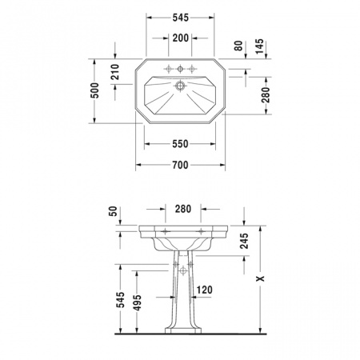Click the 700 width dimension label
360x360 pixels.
tap(180, 165)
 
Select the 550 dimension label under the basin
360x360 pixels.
tap(180, 144)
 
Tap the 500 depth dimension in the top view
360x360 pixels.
tap(94, 90)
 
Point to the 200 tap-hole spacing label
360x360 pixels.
tap(181, 38)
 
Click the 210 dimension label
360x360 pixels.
tap(115, 72)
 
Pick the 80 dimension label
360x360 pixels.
tap(238, 46)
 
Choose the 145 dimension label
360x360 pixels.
tap(259, 46)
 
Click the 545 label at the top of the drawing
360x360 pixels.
tap(181, 18)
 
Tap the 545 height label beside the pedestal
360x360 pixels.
tap(120, 300)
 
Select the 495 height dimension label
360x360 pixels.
tap(137, 302)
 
